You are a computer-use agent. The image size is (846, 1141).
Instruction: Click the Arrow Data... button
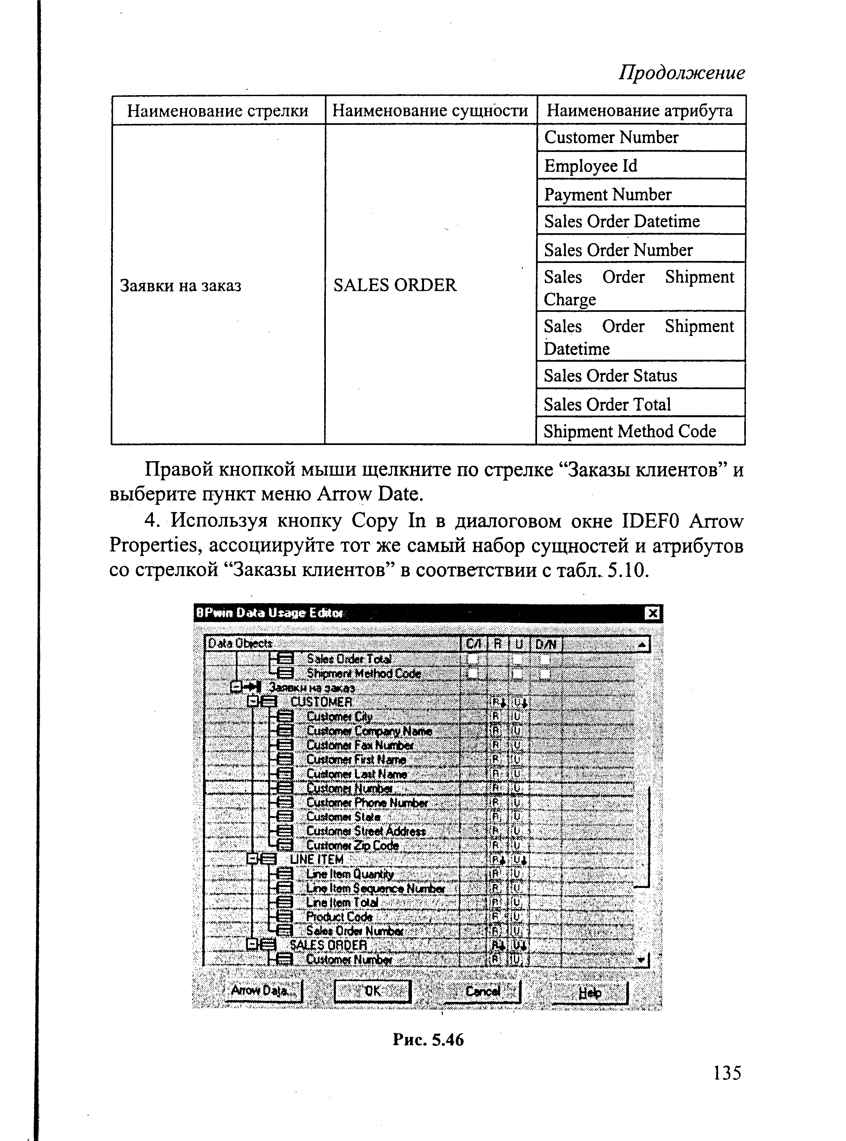(x=264, y=990)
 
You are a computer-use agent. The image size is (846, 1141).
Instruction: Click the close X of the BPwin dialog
(x=652, y=613)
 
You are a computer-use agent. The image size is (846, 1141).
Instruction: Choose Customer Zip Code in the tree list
(x=352, y=845)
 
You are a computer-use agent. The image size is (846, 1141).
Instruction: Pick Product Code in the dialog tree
(x=339, y=917)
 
